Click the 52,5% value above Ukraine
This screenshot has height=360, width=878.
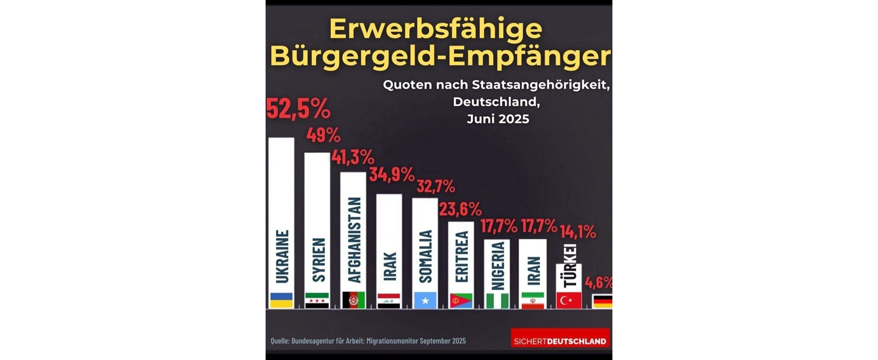[298, 109]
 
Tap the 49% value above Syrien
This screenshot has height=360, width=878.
[323, 135]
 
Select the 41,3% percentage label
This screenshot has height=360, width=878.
[353, 157]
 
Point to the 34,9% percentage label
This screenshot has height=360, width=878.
[391, 175]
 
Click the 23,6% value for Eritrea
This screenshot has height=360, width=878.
[460, 209]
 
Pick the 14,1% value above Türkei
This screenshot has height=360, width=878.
[577, 232]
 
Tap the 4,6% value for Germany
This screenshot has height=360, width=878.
[599, 283]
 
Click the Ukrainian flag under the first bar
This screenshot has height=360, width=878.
[282, 300]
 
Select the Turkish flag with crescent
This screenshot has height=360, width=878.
[569, 300]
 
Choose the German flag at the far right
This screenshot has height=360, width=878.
[603, 301]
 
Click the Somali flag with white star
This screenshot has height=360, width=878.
[425, 300]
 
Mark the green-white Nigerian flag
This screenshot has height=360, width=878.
[497, 301]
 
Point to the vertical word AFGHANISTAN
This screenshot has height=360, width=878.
[354, 240]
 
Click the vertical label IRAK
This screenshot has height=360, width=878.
[390, 267]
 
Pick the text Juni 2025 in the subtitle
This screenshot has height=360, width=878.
[498, 119]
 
